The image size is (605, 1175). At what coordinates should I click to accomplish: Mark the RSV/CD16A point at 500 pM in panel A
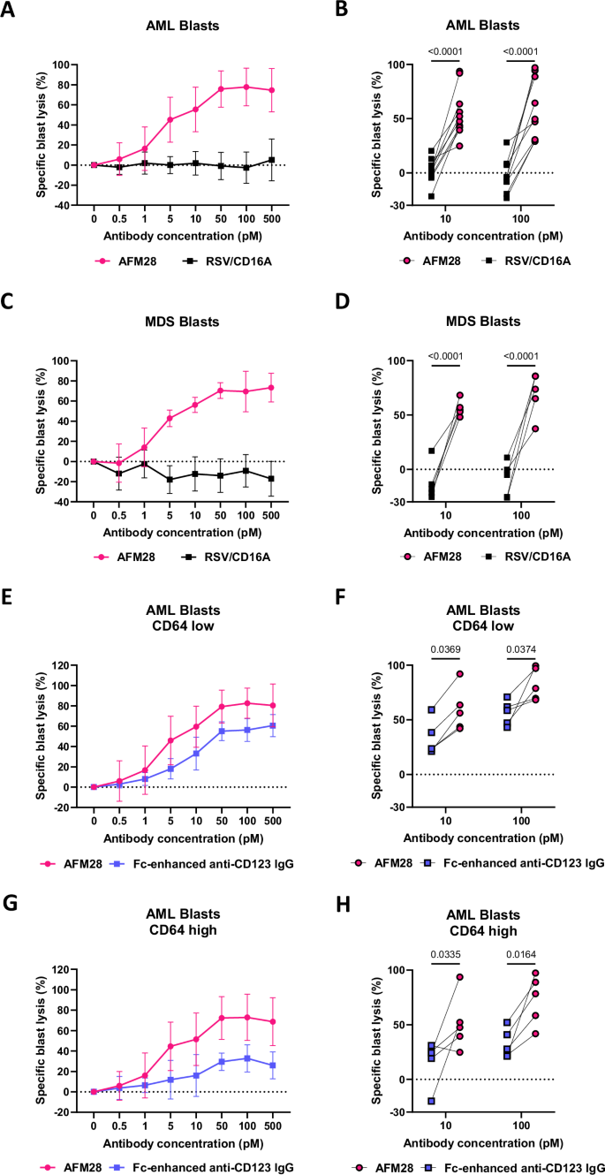click(273, 160)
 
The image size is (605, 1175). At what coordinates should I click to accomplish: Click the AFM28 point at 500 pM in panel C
click(273, 387)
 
